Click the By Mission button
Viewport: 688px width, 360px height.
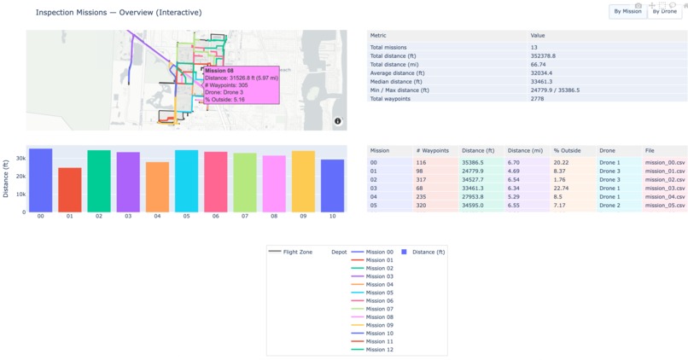pyautogui.click(x=627, y=11)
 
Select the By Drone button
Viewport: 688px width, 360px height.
pyautogui.click(x=664, y=11)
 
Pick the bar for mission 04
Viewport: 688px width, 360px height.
pyautogui.click(x=157, y=187)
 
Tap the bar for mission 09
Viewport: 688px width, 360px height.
pyautogui.click(x=303, y=181)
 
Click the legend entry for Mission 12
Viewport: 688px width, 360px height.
pyautogui.click(x=379, y=350)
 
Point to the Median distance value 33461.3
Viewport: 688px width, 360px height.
pyautogui.click(x=542, y=81)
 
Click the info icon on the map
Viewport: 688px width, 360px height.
pyautogui.click(x=338, y=121)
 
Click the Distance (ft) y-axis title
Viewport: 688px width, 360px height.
pyautogui.click(x=7, y=179)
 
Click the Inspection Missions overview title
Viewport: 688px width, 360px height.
pyautogui.click(x=119, y=13)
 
